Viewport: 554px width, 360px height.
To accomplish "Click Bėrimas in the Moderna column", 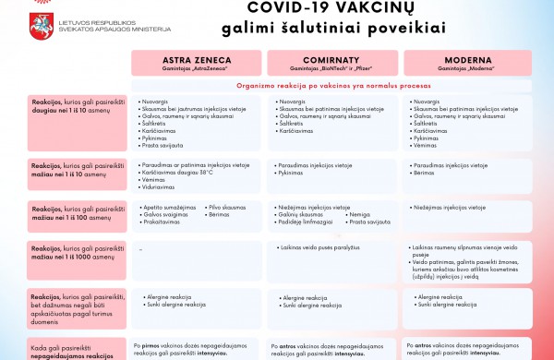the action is [x=426, y=173].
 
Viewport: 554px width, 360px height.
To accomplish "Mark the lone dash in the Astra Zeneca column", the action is [x=139, y=249].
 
